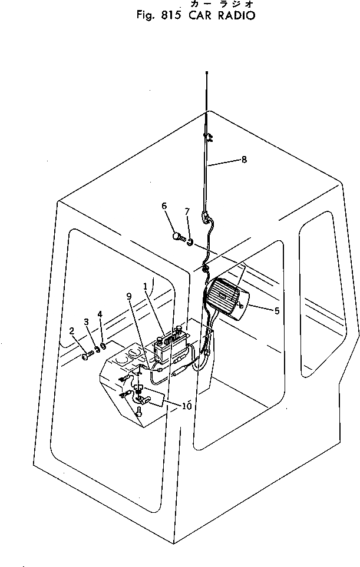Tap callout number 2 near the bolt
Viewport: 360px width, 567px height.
point(72,331)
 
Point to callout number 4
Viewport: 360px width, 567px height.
point(100,314)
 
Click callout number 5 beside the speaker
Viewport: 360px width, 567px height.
point(277,311)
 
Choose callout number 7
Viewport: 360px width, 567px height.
point(187,211)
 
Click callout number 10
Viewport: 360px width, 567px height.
point(187,406)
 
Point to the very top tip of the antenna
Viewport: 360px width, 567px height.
point(207,72)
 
